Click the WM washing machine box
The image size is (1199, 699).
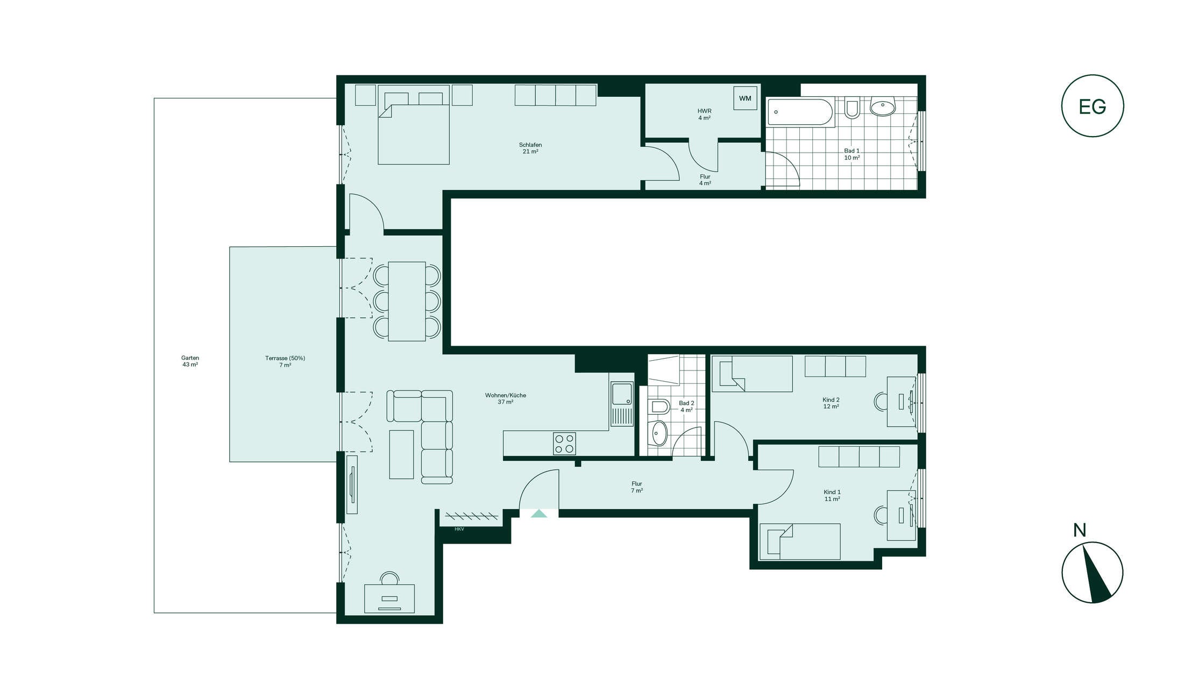(x=745, y=98)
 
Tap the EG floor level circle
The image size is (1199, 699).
(x=1092, y=106)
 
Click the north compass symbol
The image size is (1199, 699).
(x=1092, y=572)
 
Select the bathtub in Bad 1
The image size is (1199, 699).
(x=800, y=112)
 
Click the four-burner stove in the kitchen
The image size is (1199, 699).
(x=564, y=444)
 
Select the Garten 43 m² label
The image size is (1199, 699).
(x=190, y=361)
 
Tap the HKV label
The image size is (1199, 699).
(x=459, y=529)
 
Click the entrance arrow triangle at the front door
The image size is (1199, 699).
(x=539, y=513)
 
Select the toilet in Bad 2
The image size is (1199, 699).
(x=659, y=406)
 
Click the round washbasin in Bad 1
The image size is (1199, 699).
(x=882, y=108)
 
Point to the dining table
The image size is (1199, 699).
(x=407, y=301)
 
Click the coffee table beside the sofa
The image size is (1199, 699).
(x=401, y=454)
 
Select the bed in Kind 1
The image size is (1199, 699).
(x=800, y=541)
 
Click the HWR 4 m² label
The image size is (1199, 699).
(x=704, y=115)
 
